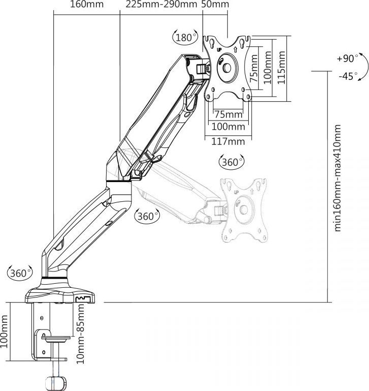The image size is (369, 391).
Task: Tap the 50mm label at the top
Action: tap(215, 5)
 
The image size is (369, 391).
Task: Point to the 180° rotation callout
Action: tap(185, 37)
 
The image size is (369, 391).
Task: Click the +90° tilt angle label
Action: tap(347, 58)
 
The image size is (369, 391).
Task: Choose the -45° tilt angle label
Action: tap(347, 76)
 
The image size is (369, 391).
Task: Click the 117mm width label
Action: tap(228, 141)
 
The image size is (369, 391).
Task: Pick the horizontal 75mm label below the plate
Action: tap(228, 113)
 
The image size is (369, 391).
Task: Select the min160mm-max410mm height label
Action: tap(338, 178)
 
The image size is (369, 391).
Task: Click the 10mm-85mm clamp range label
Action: tap(79, 334)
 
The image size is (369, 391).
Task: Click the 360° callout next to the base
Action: tap(20, 273)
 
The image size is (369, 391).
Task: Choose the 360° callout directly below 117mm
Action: tap(231, 162)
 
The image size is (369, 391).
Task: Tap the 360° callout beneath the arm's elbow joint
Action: tap(147, 216)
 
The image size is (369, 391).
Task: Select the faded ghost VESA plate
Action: tap(243, 209)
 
